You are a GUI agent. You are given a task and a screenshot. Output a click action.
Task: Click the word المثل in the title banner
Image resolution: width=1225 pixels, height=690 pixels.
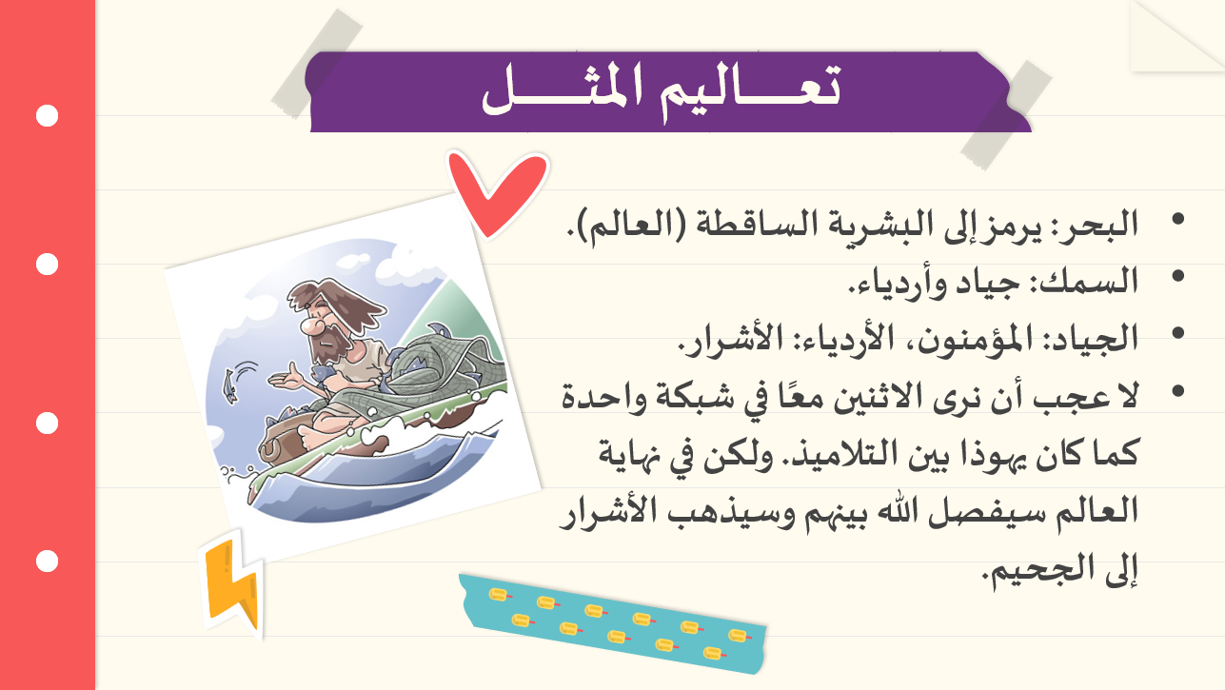click(563, 89)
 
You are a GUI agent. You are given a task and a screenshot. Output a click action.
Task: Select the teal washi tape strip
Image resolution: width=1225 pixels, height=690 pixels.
click(613, 623)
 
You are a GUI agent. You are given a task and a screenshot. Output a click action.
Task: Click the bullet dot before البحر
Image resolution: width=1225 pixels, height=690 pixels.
click(1178, 219)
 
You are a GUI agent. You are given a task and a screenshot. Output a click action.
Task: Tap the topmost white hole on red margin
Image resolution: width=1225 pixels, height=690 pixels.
click(47, 116)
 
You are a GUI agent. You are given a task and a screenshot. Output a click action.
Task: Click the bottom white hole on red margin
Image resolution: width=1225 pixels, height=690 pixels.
click(47, 562)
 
